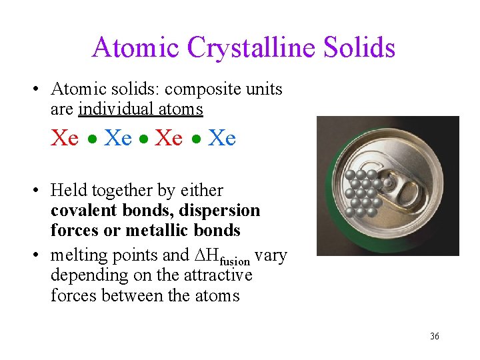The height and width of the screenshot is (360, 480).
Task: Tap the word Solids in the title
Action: [x=360, y=47]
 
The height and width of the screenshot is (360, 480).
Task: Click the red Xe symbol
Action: [x=65, y=138]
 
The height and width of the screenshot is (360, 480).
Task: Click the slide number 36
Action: [x=435, y=336]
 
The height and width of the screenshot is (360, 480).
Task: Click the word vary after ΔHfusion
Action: [x=271, y=256]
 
